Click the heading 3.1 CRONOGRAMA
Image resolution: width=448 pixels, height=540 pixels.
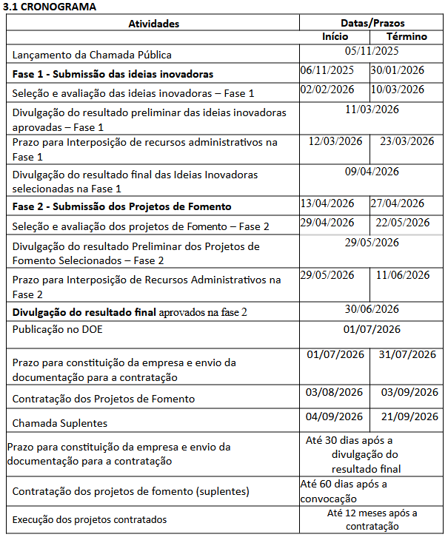(x=50, y=7)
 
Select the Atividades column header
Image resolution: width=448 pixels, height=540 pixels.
(x=154, y=24)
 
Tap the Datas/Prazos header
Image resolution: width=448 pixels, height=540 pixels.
(x=372, y=24)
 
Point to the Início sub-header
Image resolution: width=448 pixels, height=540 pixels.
(x=335, y=36)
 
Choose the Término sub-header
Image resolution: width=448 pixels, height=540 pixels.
(x=407, y=36)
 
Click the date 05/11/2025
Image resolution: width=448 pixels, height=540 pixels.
(x=372, y=51)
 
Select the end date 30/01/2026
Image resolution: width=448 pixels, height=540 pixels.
(x=398, y=71)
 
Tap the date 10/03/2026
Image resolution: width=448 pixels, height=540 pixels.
(x=398, y=90)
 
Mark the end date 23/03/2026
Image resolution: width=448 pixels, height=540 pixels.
(x=407, y=141)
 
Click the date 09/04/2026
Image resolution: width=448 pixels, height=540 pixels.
(x=372, y=172)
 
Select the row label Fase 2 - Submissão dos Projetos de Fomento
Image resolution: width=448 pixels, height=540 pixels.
(x=122, y=206)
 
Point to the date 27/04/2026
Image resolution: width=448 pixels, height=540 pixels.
(x=398, y=203)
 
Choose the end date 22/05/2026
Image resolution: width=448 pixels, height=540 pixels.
(x=403, y=222)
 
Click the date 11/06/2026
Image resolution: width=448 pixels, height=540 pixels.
(x=403, y=274)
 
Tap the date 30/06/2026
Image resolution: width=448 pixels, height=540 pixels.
(x=372, y=309)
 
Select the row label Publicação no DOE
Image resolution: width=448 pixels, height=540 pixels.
(x=58, y=330)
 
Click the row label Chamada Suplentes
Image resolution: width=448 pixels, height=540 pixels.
(x=60, y=423)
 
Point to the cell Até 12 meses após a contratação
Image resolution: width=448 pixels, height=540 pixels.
(x=372, y=519)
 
